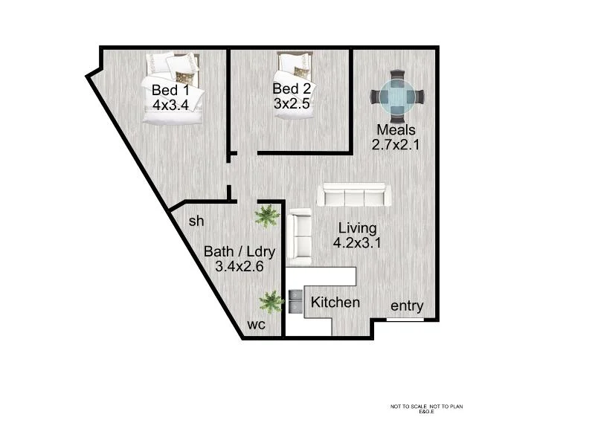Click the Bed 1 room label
pos(171,90)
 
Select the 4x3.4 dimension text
pos(171,105)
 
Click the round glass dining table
pos(399,97)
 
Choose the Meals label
pos(396,130)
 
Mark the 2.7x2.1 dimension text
pos(396,145)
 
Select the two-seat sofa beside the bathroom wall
pos(300,236)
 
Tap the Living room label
pos(357,227)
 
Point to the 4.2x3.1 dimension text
pos(357,242)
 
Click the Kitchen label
pos(335,303)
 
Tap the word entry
pos(407,306)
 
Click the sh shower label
pos(196,221)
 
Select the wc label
pos(257,325)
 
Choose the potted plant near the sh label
pos(266,216)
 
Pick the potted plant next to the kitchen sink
pos(271,301)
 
